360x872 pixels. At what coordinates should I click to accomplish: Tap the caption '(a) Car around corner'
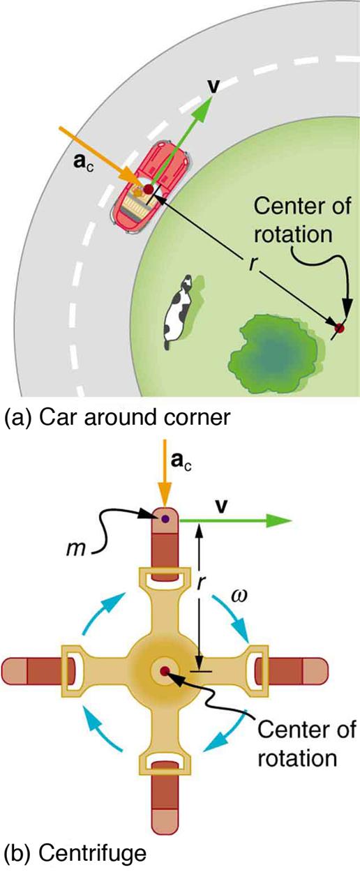pyautogui.click(x=117, y=418)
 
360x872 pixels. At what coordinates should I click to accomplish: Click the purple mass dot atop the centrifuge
pyautogui.click(x=165, y=519)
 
